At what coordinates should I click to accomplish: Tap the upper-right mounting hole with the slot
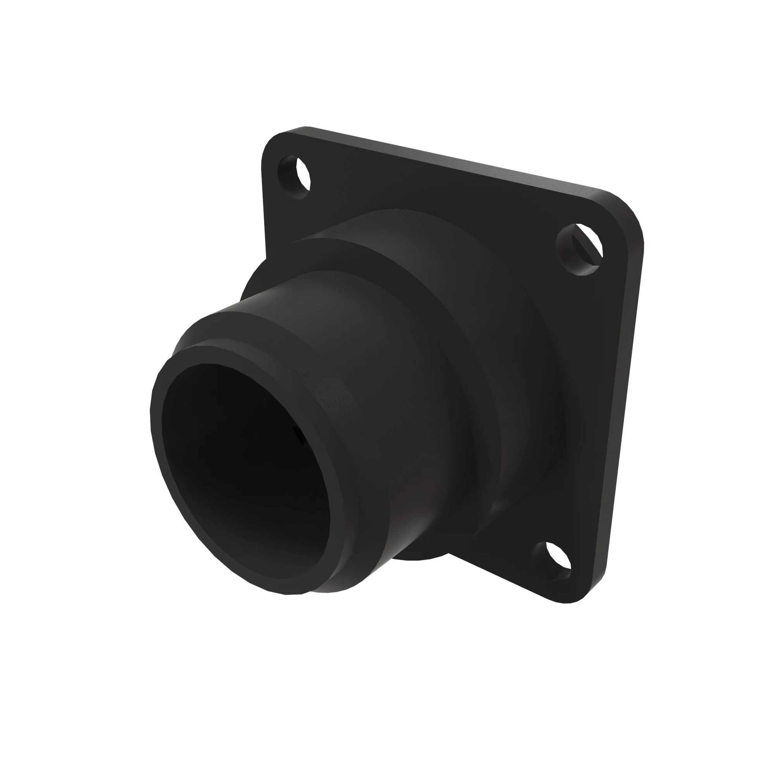coord(580,249)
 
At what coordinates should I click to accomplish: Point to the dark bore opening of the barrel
coord(245,474)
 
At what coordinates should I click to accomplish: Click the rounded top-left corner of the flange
coord(273,140)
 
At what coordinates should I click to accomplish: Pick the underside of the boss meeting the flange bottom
coord(425,556)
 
